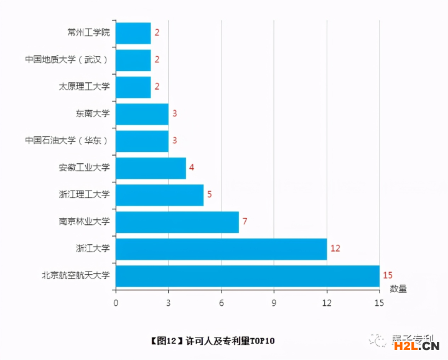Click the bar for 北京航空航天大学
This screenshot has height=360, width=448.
(x=248, y=276)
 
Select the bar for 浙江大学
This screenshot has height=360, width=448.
(x=221, y=249)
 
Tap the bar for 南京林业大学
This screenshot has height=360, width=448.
(x=177, y=222)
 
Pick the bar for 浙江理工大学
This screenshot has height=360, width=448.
(x=159, y=195)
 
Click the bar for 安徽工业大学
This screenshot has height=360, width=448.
(x=151, y=168)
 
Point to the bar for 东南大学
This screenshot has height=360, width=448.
(x=142, y=114)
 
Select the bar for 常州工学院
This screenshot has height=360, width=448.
(x=133, y=33)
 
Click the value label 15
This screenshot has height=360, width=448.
(x=388, y=275)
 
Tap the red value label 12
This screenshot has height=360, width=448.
(x=335, y=249)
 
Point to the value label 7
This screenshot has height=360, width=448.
(x=245, y=222)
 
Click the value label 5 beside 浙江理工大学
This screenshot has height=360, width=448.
(x=210, y=195)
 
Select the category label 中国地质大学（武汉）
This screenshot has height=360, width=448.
(x=67, y=60)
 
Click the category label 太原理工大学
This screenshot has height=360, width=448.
(x=84, y=87)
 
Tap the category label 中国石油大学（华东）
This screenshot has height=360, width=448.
(x=67, y=141)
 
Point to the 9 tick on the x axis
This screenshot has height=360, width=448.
(x=274, y=303)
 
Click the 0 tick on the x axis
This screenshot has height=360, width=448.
(x=116, y=303)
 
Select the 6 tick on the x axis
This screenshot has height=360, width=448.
(x=221, y=303)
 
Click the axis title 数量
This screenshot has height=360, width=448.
(x=398, y=289)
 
